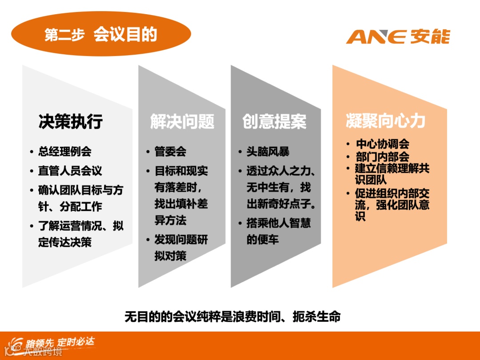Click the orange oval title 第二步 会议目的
pos(101,34)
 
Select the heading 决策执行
pos(70,121)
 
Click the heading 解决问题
pos(182,121)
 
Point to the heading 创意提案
pos(274,121)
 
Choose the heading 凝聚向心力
pos(385,121)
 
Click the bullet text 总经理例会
pos(64,152)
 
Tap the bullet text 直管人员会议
pos(70,171)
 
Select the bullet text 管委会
pos(170,152)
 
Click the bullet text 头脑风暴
pos(268,152)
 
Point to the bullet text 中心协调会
pos(383,144)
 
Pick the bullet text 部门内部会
pos(383,157)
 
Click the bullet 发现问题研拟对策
pos(180,248)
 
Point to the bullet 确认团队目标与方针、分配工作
pos(80,198)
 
